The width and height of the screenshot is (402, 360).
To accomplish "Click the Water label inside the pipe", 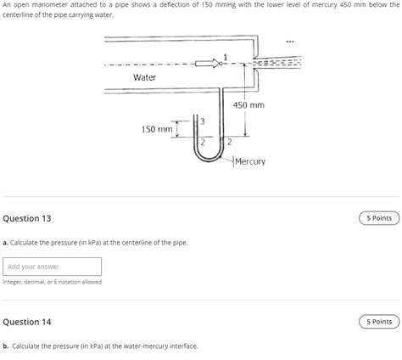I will [x=145, y=78].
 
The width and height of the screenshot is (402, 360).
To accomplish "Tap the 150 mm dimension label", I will [x=157, y=129].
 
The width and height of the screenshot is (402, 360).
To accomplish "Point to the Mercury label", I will [x=250, y=161].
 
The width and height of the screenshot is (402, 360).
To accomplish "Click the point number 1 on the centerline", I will [x=225, y=57].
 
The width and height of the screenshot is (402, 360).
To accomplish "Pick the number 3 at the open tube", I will [x=201, y=121].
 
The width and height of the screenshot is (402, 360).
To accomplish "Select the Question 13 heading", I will [x=27, y=218].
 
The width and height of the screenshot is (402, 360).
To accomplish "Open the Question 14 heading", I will [x=27, y=322].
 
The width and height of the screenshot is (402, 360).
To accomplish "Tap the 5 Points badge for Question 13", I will [x=379, y=218].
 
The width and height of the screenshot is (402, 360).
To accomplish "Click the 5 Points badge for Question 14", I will [x=379, y=322].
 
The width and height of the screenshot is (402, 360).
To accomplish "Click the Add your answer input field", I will [x=52, y=266].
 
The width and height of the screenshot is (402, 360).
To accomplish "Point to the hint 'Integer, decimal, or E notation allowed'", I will [x=52, y=282].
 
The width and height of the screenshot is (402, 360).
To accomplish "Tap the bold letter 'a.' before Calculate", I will [x=6, y=243].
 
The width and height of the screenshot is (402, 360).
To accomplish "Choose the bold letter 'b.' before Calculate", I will [x=6, y=346].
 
